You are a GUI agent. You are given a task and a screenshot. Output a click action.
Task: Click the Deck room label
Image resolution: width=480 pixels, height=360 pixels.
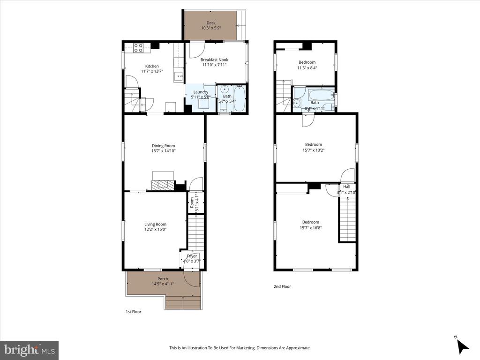pos(211,22)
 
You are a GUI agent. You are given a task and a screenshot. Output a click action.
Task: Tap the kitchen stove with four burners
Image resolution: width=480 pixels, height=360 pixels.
pos(138,48)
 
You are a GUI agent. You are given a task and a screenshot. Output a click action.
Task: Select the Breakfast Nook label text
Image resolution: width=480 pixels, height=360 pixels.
pos(214,60)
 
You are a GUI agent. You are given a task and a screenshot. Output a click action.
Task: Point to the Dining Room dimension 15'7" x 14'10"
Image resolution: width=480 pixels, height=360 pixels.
pos(164,150)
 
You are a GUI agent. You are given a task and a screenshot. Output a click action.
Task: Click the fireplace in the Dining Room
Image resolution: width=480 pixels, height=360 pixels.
pos(163,181)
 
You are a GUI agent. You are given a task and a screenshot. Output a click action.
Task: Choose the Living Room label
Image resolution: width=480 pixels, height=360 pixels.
pos(156,224)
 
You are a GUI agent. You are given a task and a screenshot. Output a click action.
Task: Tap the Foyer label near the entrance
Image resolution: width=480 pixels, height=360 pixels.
pos(192,256)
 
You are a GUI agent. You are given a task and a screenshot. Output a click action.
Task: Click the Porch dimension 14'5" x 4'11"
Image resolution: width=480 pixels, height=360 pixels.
pos(163,284)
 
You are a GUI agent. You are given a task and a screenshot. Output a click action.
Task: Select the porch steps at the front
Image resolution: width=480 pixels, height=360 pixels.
pos(183,302)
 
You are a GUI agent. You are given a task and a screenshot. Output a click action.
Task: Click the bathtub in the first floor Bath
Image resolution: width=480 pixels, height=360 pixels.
pos(239,98)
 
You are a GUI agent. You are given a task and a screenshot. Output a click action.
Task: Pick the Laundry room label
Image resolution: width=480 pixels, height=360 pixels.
pos(201,92)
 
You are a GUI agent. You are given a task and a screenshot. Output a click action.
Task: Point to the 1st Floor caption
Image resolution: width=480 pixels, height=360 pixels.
pos(134,312)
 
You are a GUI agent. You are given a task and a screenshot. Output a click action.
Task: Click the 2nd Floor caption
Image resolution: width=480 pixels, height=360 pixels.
pos(282,286)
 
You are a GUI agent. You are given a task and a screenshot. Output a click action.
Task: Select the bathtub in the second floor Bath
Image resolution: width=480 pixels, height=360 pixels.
pos(321,94)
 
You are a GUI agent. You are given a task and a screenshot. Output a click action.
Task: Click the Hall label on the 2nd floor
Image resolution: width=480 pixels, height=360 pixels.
pos(346,187)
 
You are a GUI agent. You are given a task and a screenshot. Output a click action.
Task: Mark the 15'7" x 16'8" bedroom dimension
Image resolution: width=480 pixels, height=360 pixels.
pos(311,227)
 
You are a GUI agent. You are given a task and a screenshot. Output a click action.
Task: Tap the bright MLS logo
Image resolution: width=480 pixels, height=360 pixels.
pos(30,349)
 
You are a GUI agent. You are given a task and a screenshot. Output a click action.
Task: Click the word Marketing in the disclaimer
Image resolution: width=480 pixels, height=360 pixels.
pos(247,348)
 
